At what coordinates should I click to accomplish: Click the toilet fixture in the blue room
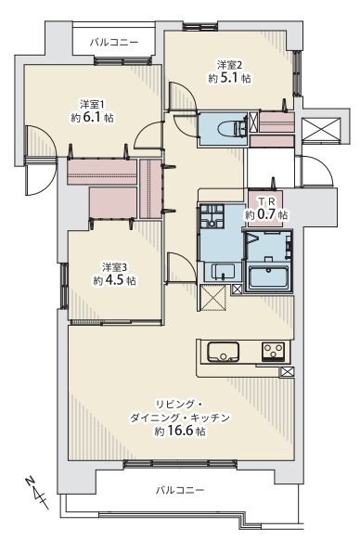click(232, 128)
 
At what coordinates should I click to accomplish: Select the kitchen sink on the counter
click(223, 352)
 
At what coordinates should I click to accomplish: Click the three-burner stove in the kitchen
click(274, 352)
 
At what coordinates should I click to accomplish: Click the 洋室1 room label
click(92, 104)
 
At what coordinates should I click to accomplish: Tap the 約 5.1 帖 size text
click(229, 79)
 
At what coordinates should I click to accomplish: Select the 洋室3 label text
click(114, 267)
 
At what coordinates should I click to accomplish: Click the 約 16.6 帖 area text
click(180, 432)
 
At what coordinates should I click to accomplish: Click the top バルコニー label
click(114, 43)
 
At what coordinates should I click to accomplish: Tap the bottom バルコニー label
click(180, 490)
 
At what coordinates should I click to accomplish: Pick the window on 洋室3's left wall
click(64, 286)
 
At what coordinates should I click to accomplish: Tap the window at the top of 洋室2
click(200, 27)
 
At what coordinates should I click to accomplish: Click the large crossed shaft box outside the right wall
click(321, 129)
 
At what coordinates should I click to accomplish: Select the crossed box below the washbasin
click(213, 298)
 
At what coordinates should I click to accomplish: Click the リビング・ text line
click(180, 405)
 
